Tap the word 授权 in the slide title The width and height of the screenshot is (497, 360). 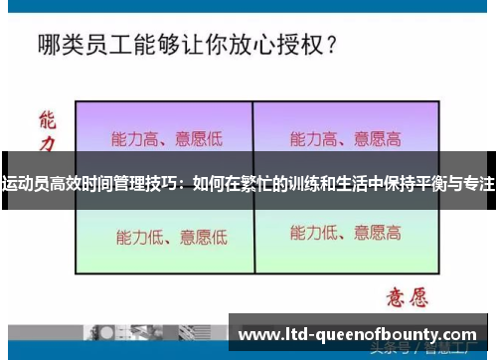(x=293, y=44)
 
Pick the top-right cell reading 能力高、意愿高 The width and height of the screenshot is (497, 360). (x=346, y=138)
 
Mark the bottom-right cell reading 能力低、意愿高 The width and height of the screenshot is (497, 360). (x=346, y=234)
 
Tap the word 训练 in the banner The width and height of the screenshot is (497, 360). (x=307, y=184)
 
